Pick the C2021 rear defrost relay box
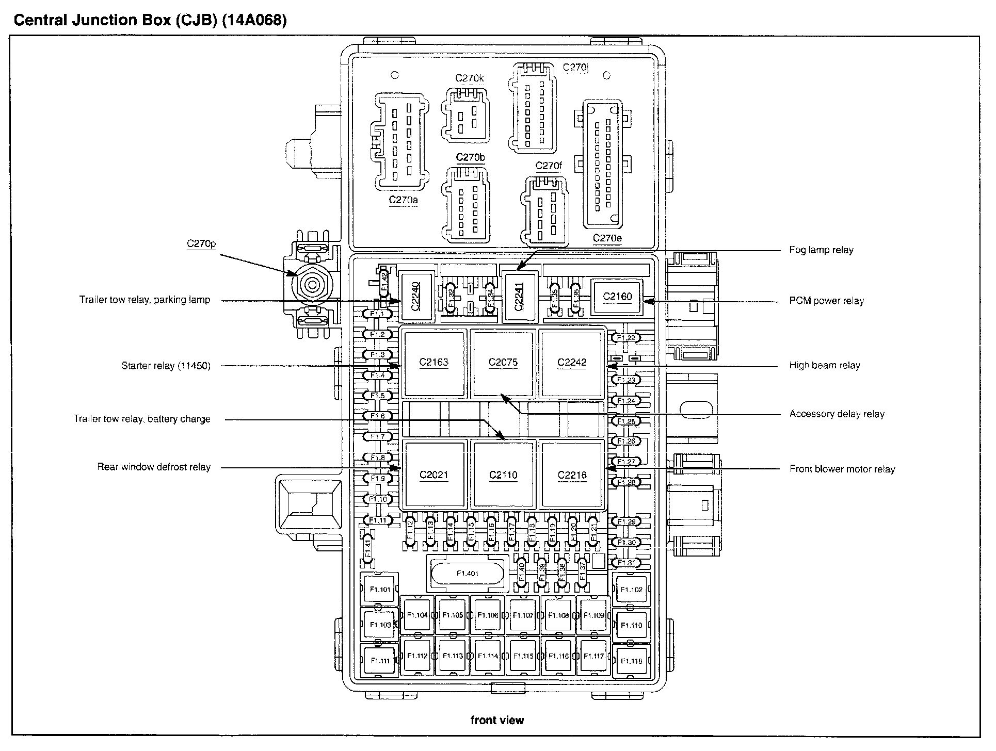[x=433, y=475]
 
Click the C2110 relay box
[x=503, y=475]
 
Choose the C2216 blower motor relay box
[x=572, y=475]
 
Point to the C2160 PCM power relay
[x=617, y=297]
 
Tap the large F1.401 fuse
[x=468, y=574]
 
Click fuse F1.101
[x=380, y=590]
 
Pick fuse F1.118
[x=631, y=661]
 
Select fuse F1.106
[x=488, y=615]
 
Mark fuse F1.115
[x=523, y=657]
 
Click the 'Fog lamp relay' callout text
[x=821, y=250]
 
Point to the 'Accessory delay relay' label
[x=837, y=414]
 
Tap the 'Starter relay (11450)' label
[x=166, y=366]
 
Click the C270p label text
[x=201, y=244]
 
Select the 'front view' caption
[x=497, y=721]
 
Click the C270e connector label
[x=607, y=238]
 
